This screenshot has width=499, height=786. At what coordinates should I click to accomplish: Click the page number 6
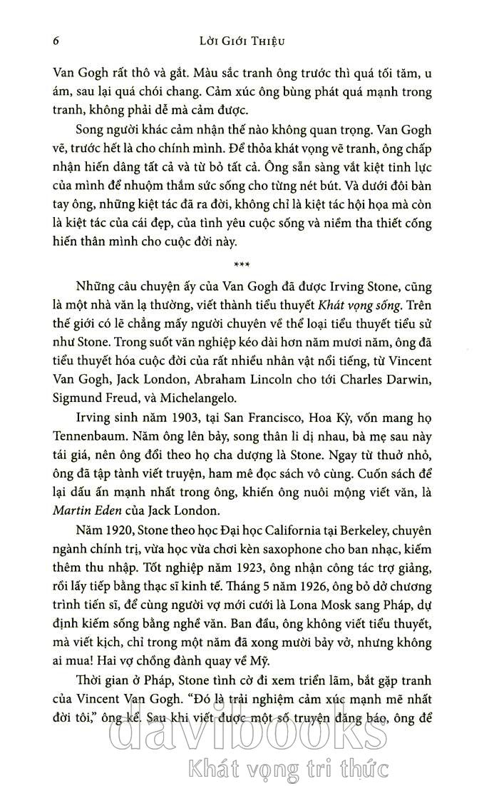[x=56, y=41]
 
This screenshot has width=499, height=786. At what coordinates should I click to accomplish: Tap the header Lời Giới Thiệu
[x=243, y=41]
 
